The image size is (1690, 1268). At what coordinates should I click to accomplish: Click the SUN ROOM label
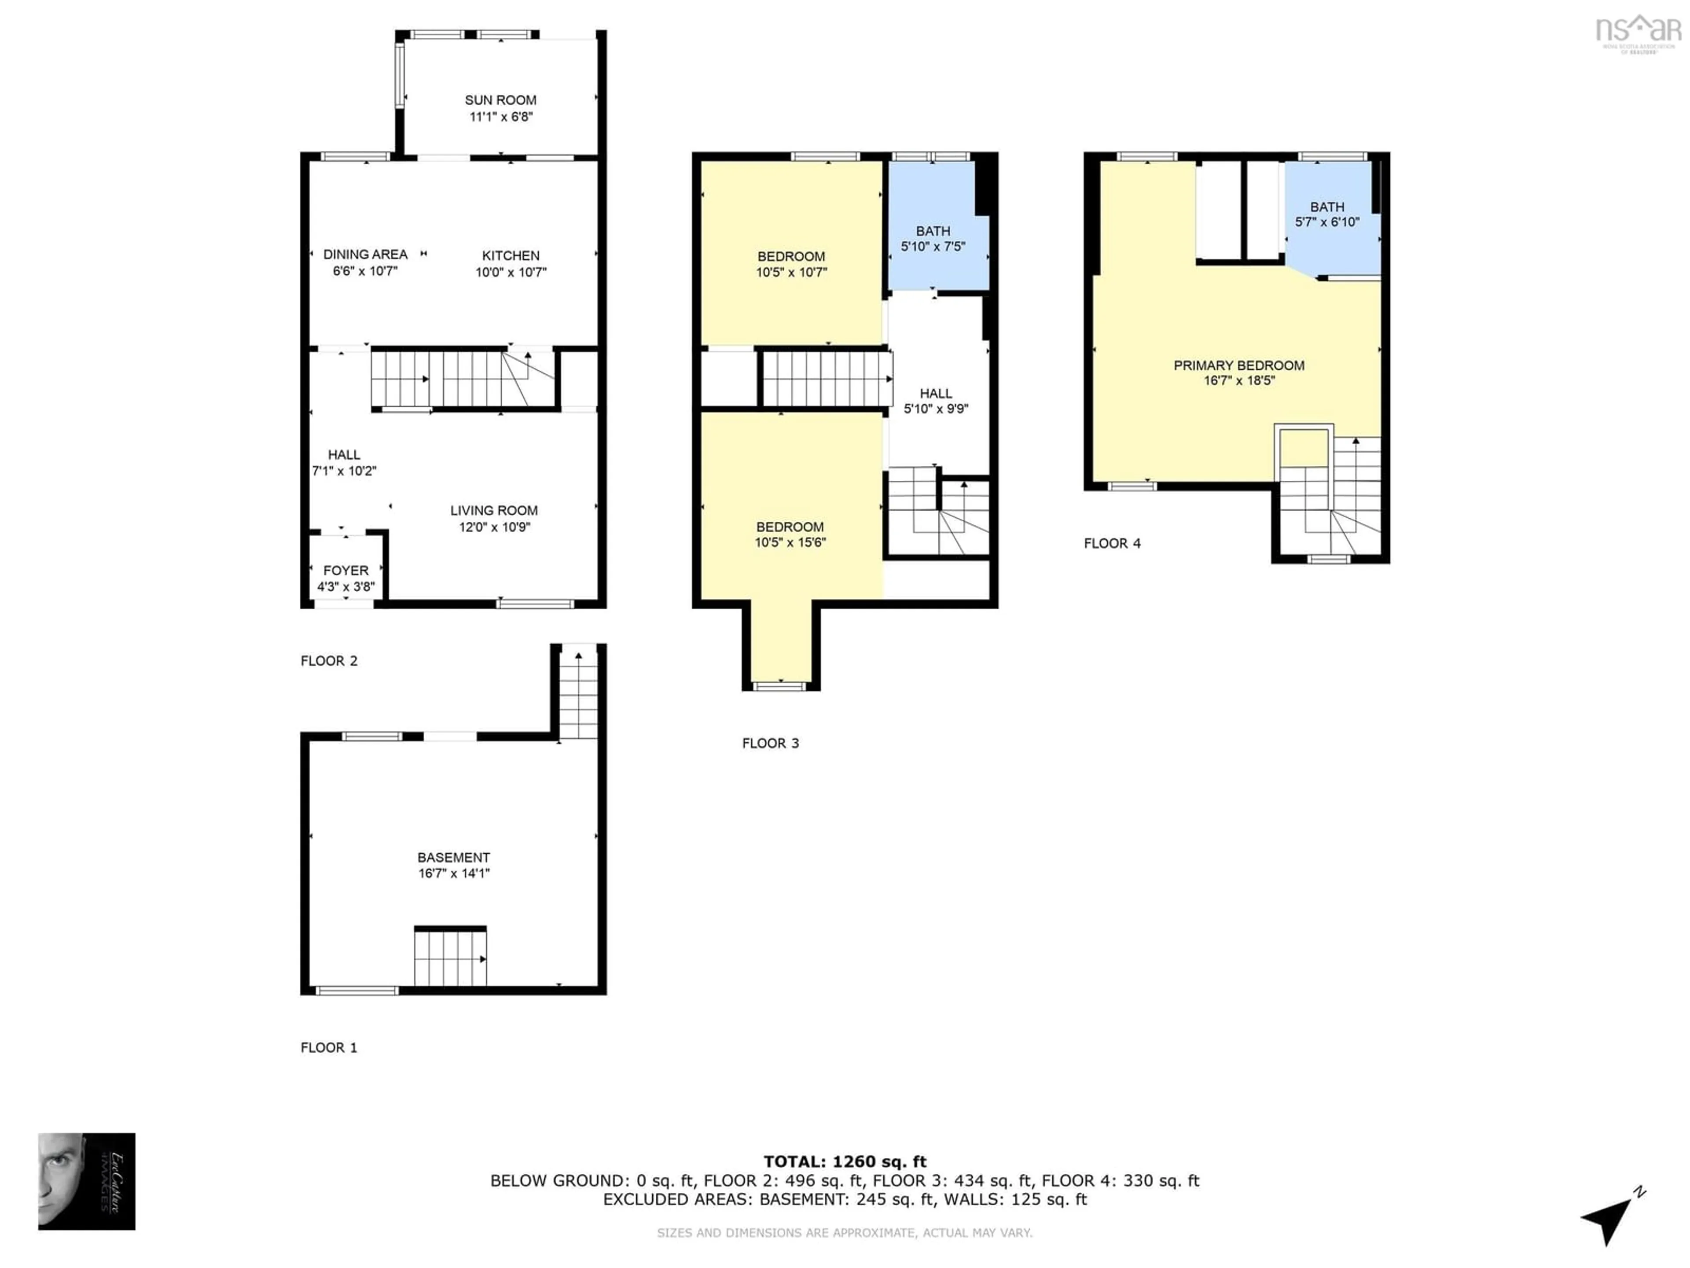[x=500, y=100]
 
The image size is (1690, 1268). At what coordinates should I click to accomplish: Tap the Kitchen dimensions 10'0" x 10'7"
[x=511, y=272]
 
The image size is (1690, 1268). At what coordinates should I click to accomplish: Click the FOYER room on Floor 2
[x=346, y=578]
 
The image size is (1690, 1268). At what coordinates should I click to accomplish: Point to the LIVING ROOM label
[x=493, y=511]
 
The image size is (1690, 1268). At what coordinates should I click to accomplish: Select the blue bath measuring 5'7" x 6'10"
[x=1327, y=214]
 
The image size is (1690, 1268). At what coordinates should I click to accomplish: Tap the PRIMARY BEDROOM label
[x=1238, y=365]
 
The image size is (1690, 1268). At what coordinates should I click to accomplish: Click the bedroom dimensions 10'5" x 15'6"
[x=790, y=543]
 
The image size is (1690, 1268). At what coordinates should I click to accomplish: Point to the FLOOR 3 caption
[x=770, y=743]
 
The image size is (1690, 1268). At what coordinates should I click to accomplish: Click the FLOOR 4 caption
[x=1112, y=543]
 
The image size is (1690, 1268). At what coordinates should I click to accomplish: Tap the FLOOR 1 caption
[x=328, y=1047]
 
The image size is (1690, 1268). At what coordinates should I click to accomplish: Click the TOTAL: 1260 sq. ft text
[x=844, y=1162]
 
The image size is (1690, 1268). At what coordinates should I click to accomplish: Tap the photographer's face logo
[x=86, y=1181]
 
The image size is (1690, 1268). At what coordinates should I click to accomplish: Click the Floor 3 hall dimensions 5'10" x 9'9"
[x=936, y=409]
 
